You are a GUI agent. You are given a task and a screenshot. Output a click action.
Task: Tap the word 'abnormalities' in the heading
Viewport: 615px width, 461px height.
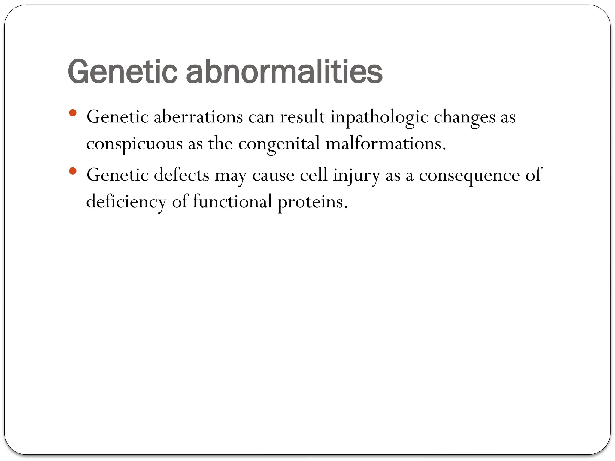pyautogui.click(x=284, y=72)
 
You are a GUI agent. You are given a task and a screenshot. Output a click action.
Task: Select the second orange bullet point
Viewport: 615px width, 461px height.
pyautogui.click(x=73, y=171)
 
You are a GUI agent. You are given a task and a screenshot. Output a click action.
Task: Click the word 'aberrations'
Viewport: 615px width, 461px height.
pyautogui.click(x=198, y=117)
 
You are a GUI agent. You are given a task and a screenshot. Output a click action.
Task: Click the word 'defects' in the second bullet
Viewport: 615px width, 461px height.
pyautogui.click(x=181, y=175)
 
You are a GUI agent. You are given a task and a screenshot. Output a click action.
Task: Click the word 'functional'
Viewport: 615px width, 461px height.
pyautogui.click(x=232, y=201)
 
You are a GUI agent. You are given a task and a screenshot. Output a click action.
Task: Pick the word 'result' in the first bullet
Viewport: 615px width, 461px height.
pyautogui.click(x=302, y=117)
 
